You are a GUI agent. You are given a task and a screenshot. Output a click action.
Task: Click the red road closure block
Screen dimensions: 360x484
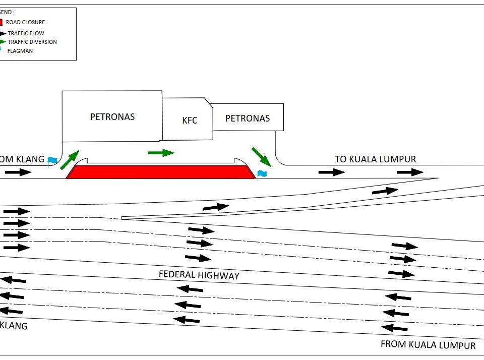pyautogui.click(x=160, y=172)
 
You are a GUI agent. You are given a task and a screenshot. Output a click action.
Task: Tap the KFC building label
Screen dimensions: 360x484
pyautogui.click(x=190, y=121)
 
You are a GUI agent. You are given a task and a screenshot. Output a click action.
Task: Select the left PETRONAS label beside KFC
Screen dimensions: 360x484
pyautogui.click(x=112, y=116)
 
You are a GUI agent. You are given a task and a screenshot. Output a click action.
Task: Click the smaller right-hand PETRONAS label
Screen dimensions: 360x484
pyautogui.click(x=247, y=118)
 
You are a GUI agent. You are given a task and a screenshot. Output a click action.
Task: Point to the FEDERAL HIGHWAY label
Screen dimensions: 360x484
pyautogui.click(x=199, y=275)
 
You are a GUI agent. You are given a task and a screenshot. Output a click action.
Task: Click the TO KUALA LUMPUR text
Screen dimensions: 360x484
pyautogui.click(x=376, y=159)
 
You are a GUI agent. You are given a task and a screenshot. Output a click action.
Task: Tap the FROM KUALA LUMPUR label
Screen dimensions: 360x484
pyautogui.click(x=428, y=345)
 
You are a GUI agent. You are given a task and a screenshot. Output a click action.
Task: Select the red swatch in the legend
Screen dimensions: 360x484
pyautogui.click(x=1, y=22)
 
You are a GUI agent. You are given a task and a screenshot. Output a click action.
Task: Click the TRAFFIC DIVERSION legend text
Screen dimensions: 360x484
pyautogui.click(x=32, y=42)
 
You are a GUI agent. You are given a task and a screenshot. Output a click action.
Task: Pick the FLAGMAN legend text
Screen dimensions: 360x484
pyautogui.click(x=20, y=51)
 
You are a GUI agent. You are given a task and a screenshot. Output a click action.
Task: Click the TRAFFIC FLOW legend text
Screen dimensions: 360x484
pyautogui.click(x=26, y=33)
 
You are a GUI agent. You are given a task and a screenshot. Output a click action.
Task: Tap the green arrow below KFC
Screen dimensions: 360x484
pyautogui.click(x=161, y=152)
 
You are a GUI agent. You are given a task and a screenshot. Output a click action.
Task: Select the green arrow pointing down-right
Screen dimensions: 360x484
pyautogui.click(x=261, y=156)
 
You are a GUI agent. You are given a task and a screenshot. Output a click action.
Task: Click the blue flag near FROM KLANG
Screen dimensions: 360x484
pyautogui.click(x=52, y=161)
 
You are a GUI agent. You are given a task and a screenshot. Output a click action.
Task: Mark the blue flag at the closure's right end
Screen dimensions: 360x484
pyautogui.click(x=262, y=174)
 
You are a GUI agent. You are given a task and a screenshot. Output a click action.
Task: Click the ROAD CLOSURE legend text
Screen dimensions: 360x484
pyautogui.click(x=25, y=22)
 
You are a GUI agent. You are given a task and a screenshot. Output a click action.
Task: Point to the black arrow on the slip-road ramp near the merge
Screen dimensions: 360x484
pyautogui.click(x=385, y=191)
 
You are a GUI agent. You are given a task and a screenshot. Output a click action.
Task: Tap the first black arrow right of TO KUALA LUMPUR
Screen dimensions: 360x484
pyautogui.click(x=332, y=172)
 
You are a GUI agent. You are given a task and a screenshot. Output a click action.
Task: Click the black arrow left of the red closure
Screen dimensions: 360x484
pyautogui.click(x=18, y=172)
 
